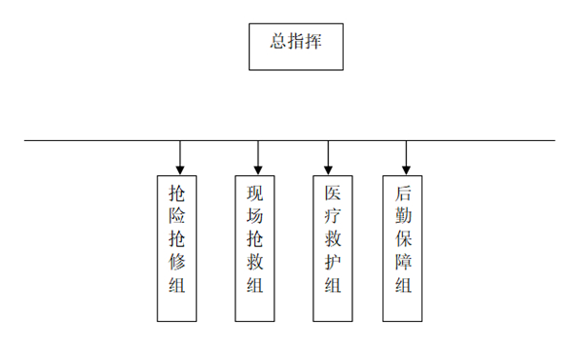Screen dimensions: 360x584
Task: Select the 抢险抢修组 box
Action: (178, 248)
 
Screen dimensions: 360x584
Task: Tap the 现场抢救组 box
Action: (256, 248)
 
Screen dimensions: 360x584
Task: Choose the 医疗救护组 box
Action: (333, 248)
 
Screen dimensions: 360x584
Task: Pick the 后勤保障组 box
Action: (403, 248)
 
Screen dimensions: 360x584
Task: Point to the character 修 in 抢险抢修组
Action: (177, 262)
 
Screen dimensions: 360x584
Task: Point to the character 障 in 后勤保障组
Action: (403, 262)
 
